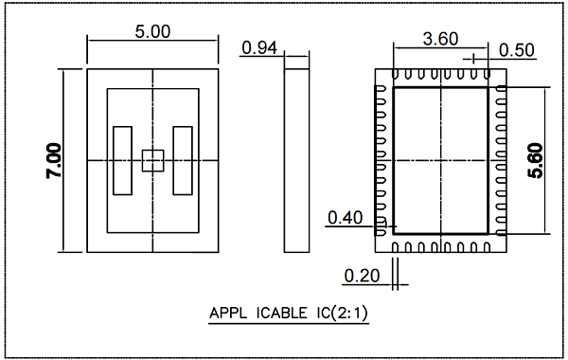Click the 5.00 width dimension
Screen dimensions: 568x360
(152, 31)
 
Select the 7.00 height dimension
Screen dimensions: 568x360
(54, 161)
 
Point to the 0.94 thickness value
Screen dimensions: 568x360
(259, 48)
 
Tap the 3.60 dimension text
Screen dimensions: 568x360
(440, 39)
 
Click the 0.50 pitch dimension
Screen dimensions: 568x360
(517, 50)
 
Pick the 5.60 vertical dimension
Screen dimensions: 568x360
(536, 161)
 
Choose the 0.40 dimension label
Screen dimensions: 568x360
(345, 218)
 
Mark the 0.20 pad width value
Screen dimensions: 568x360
(362, 276)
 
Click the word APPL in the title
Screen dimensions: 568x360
(228, 313)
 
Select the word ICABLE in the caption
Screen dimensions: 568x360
(281, 313)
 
